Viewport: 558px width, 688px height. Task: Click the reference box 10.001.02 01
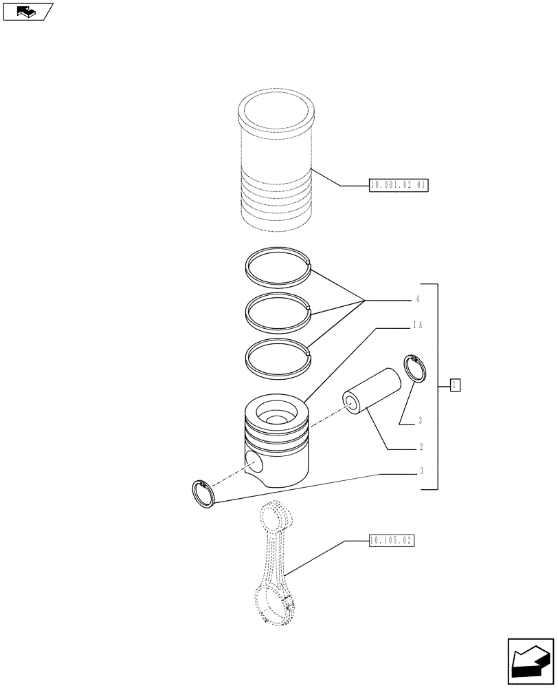tap(399, 185)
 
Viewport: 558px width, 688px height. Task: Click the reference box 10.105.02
tap(391, 541)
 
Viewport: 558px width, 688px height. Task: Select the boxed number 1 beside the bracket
tap(455, 385)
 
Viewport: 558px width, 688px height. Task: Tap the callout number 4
tap(417, 300)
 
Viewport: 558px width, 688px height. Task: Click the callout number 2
tap(421, 447)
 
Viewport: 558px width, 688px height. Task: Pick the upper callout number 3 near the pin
tap(421, 420)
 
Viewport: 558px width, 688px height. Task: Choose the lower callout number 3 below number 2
tap(421, 471)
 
